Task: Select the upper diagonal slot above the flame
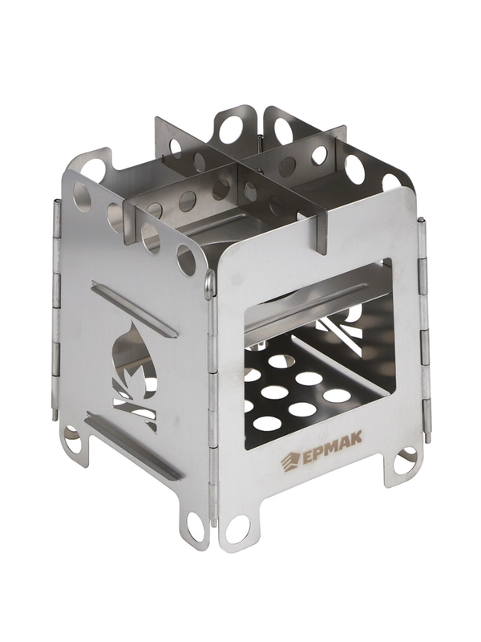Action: coord(134,309)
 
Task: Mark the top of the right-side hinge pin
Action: coord(422,221)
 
